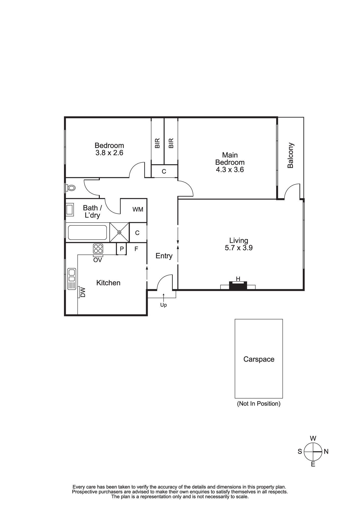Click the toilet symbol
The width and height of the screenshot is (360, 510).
point(70,188)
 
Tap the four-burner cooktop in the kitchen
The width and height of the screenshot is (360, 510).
point(98,249)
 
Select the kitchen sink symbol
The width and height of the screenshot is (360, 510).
point(72,279)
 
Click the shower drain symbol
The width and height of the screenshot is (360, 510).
point(119,232)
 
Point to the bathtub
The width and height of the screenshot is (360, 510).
point(87,232)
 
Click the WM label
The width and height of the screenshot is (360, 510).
point(138,209)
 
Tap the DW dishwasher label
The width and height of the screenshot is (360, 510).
point(83,292)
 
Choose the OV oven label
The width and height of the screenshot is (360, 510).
point(98,260)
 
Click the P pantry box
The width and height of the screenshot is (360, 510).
point(122,249)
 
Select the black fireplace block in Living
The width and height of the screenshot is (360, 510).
point(238,286)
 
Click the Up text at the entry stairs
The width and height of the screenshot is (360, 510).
point(164,305)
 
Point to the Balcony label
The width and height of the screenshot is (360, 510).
point(290,155)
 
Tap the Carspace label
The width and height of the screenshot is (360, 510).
point(259,359)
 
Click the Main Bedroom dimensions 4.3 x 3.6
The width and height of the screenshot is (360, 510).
point(230,170)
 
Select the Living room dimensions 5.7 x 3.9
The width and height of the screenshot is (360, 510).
point(239,248)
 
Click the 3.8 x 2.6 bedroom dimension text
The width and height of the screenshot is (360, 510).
point(109,153)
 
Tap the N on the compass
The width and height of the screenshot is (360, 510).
point(326,452)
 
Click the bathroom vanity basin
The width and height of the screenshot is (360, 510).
point(70,210)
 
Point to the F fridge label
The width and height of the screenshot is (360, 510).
point(136,249)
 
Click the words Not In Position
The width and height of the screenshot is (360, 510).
point(259,404)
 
